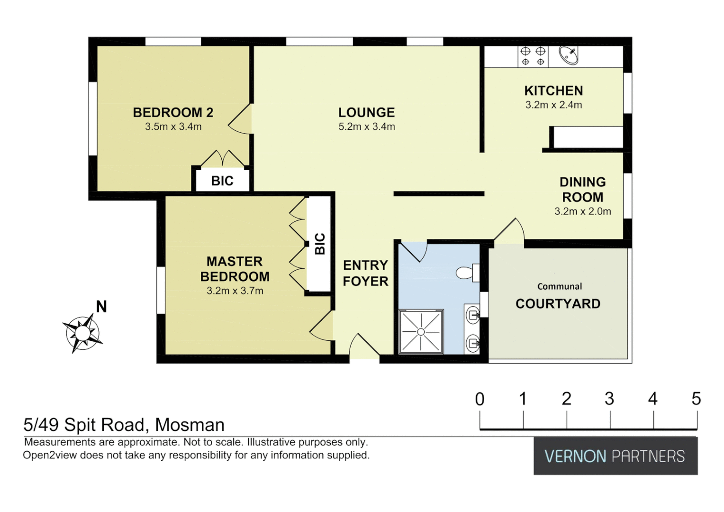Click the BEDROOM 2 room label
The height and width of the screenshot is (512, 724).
[x=173, y=112]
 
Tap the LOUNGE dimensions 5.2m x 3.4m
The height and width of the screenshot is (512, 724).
[x=366, y=127]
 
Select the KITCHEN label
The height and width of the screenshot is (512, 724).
[x=553, y=91]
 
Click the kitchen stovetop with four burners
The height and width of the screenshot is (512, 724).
[x=533, y=56]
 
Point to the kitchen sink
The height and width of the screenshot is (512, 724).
[x=568, y=55]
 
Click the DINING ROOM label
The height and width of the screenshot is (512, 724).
[x=582, y=190]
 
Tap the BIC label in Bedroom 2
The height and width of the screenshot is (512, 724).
[x=222, y=181]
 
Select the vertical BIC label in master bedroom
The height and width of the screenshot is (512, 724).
[x=320, y=244]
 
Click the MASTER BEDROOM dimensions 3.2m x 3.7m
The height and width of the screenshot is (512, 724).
[x=235, y=291]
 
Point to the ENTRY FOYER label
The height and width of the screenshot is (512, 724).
[x=365, y=273]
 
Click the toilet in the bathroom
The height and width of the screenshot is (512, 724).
[x=467, y=273]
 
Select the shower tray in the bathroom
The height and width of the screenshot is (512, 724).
[x=421, y=332]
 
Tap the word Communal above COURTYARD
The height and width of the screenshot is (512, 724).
[x=560, y=286]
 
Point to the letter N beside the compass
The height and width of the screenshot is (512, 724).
[x=101, y=307]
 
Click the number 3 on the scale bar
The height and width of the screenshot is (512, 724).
[x=609, y=399]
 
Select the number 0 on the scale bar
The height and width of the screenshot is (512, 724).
[x=480, y=399]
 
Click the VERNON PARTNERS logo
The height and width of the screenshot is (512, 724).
[x=615, y=456]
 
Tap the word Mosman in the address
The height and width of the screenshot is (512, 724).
[x=190, y=425]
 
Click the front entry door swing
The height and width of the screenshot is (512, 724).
[x=364, y=346]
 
